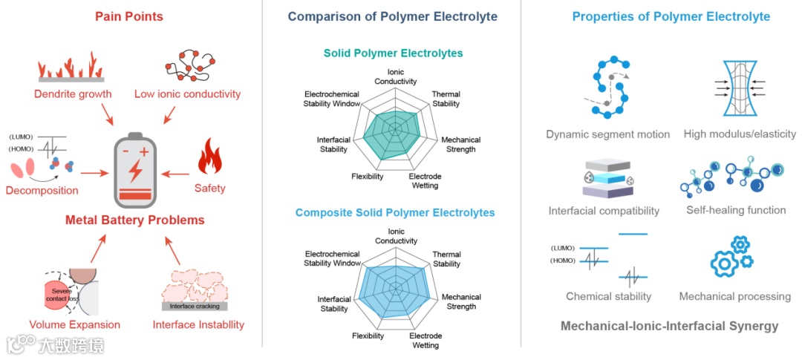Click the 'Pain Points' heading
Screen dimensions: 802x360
click(128, 16)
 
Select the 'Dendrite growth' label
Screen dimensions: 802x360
click(73, 94)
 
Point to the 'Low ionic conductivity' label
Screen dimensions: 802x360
click(187, 94)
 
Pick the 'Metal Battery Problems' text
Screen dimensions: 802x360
click(134, 220)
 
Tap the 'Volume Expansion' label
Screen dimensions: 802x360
click(74, 324)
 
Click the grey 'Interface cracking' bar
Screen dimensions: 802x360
click(194, 306)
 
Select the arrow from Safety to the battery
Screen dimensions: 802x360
click(175, 174)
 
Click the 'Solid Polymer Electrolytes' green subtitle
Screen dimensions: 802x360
click(393, 53)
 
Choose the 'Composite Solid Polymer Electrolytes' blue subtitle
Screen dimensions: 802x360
click(394, 213)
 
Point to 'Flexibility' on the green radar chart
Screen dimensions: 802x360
click(368, 177)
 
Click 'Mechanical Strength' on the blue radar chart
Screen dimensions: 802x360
click(461, 301)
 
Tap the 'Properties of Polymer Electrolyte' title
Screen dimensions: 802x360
click(671, 16)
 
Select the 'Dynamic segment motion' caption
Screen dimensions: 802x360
click(607, 134)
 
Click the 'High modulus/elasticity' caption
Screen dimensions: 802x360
click(740, 134)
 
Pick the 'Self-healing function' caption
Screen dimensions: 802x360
click(736, 210)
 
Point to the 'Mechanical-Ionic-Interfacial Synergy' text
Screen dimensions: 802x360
click(669, 326)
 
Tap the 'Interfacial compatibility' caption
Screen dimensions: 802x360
click(604, 211)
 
